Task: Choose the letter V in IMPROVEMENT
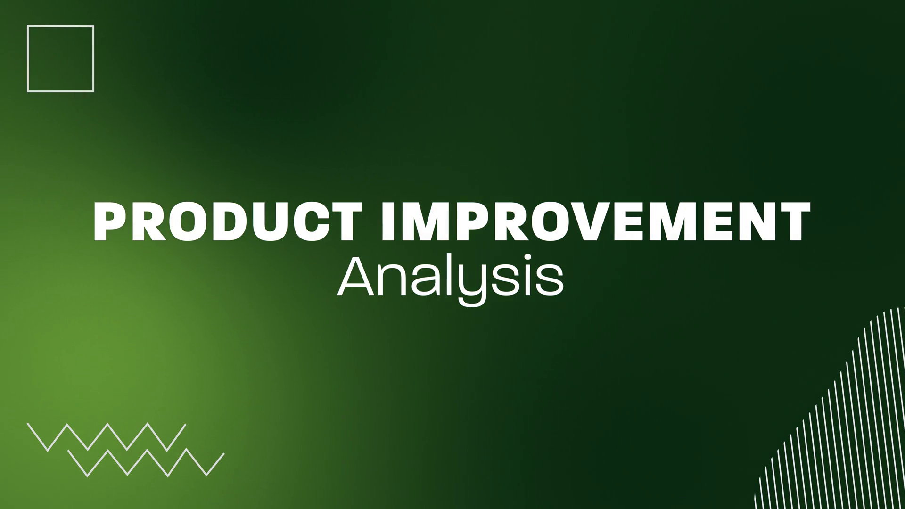click(x=610, y=222)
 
